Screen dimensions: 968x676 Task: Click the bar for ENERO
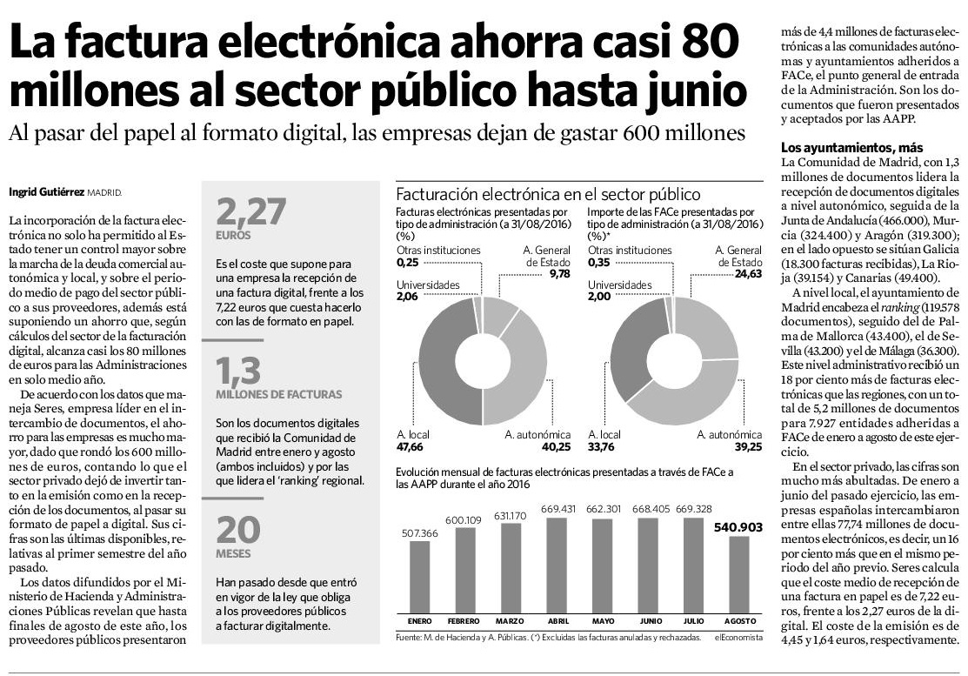tap(420, 576)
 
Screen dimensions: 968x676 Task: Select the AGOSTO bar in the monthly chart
tap(739, 573)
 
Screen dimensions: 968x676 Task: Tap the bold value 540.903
tap(738, 527)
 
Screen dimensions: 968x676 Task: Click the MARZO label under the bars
tap(510, 621)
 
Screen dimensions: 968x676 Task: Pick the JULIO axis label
tap(693, 621)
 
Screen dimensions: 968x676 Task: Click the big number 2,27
tap(251, 211)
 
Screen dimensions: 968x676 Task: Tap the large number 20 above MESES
tap(238, 530)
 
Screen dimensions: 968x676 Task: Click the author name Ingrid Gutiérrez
tap(46, 192)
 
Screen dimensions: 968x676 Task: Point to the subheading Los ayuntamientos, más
tap(852, 148)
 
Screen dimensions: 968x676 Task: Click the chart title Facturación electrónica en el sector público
tap(548, 194)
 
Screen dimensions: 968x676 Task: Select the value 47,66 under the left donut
tap(410, 446)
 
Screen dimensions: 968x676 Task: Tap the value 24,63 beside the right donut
tap(748, 273)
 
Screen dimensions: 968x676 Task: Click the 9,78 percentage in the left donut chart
tap(560, 273)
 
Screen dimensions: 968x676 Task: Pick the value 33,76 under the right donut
tap(601, 446)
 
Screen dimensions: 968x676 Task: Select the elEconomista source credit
tap(739, 637)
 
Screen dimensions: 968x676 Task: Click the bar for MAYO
tap(603, 565)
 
